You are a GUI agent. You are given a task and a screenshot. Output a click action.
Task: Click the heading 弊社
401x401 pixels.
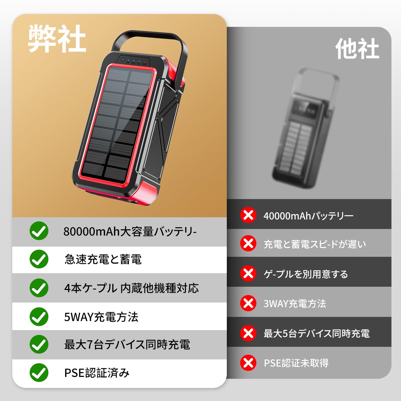coord(57,39)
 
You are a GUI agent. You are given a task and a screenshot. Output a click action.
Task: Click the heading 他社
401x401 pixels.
coord(357,49)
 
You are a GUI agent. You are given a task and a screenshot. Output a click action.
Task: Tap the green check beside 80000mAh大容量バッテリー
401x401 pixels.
coord(39,231)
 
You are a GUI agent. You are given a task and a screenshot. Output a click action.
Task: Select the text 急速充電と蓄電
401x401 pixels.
coord(103,259)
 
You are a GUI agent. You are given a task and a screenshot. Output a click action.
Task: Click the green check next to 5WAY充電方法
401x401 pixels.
coord(39,317)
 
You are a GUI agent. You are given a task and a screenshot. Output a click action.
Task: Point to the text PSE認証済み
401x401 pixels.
coord(97,373)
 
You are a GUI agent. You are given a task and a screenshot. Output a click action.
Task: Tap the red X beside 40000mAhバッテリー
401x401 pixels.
coord(248,215)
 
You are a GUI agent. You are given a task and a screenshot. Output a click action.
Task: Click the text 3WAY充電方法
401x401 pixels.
coord(295,304)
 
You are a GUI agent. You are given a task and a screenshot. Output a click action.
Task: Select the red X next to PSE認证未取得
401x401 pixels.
coord(248,363)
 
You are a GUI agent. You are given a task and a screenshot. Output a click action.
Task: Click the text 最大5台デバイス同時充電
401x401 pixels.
coord(317,334)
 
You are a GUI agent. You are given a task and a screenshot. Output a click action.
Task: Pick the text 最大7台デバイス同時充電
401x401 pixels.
coord(127,345)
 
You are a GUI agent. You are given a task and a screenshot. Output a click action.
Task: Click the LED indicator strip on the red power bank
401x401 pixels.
coord(134,61)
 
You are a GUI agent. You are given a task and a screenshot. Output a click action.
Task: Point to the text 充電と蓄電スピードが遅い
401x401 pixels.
coord(315,244)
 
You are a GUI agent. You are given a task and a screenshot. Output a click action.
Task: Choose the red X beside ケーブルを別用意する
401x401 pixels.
coord(248,273)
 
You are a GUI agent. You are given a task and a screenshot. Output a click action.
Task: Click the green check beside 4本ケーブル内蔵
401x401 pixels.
coord(39,288)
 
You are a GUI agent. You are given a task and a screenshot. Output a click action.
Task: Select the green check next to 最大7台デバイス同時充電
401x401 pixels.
coord(39,344)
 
